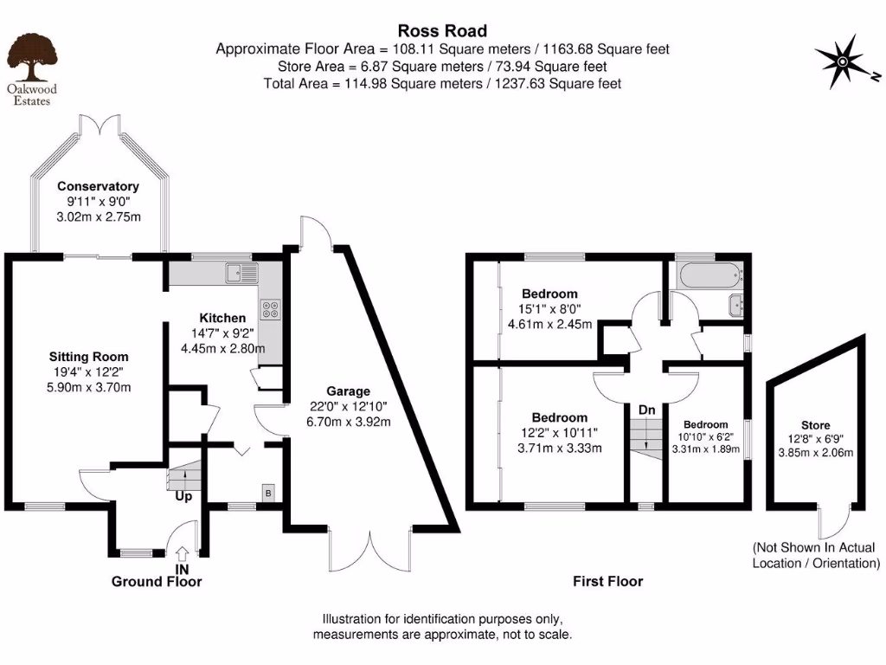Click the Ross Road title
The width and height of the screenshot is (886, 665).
(442, 30)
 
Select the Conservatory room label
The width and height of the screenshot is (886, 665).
(99, 186)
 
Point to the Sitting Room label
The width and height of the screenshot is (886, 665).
(89, 357)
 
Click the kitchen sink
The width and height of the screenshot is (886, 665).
(242, 273)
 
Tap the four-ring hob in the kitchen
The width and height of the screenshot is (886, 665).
(270, 309)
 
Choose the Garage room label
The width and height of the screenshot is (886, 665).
(348, 391)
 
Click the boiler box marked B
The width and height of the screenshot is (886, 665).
(268, 493)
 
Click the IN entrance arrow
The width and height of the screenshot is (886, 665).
(182, 552)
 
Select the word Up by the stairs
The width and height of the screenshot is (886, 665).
(183, 496)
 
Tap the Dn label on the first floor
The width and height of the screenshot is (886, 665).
(647, 410)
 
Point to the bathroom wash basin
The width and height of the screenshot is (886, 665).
(736, 305)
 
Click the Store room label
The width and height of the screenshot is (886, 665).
(815, 425)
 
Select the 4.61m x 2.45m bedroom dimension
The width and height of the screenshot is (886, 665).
(549, 325)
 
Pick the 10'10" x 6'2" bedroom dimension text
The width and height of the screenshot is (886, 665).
(706, 436)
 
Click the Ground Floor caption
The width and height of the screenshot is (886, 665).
(157, 582)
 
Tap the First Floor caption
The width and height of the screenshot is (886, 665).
(608, 581)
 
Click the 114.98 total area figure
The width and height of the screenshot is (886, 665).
(366, 84)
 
